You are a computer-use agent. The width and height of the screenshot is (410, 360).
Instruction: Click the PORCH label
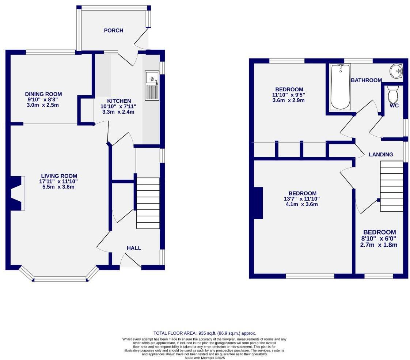(x=114, y=30)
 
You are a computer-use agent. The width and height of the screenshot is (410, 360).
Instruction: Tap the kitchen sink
(x=152, y=85)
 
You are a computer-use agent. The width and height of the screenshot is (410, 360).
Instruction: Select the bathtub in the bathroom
(x=340, y=87)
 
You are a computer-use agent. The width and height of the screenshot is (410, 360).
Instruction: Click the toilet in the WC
(x=393, y=95)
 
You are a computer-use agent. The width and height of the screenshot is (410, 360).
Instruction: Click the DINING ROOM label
(x=43, y=94)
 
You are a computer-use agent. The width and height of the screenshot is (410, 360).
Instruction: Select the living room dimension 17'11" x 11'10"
(x=59, y=181)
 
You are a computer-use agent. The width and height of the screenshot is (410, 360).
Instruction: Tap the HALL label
(x=134, y=248)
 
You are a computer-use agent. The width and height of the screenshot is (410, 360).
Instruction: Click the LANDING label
(x=381, y=155)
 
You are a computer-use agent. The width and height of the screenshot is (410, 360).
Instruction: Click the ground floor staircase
(x=148, y=203)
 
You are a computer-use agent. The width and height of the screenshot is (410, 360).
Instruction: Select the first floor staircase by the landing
(x=392, y=186)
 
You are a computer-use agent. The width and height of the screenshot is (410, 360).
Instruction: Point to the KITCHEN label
(x=119, y=101)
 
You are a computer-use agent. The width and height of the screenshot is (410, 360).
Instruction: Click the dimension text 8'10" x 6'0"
(x=379, y=239)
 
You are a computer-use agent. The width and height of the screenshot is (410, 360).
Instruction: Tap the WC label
(x=394, y=106)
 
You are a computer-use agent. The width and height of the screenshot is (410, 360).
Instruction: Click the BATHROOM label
(x=366, y=80)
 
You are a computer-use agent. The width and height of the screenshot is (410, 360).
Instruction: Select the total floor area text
(x=205, y=333)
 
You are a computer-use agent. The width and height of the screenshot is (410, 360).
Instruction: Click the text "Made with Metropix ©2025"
(x=205, y=358)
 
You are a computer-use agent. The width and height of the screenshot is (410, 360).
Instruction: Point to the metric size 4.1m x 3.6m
(x=302, y=204)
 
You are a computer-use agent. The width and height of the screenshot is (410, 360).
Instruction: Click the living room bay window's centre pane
(x=60, y=280)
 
